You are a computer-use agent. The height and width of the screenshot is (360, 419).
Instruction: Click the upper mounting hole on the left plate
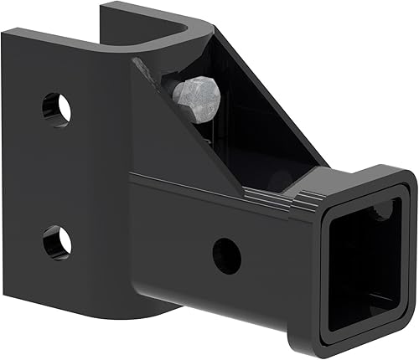(x=57, y=108)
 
